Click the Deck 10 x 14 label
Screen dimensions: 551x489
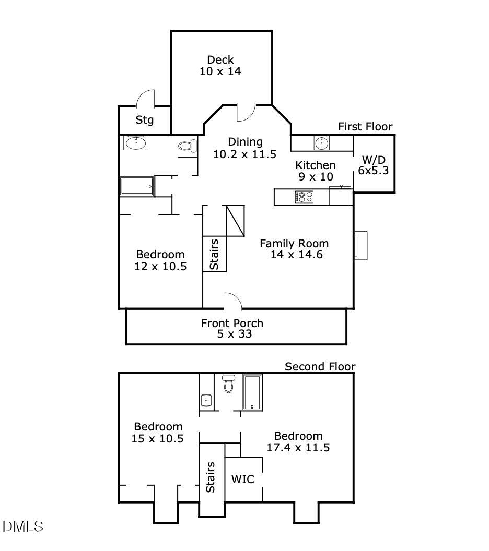[220, 66]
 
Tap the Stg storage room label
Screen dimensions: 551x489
[145, 120]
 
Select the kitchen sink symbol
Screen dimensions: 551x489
[321, 142]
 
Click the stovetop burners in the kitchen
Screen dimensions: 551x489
[304, 197]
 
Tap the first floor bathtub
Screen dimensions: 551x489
[137, 186]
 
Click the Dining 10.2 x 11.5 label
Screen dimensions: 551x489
[245, 148]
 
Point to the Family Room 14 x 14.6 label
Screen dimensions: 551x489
[294, 249]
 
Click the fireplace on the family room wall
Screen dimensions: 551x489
[360, 245]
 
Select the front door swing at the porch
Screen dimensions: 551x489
[232, 301]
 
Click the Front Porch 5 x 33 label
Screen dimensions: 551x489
[232, 328]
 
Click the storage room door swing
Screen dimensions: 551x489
[146, 98]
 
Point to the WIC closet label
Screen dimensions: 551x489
[243, 478]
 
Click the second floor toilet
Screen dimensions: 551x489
[228, 384]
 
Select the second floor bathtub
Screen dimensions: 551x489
[253, 392]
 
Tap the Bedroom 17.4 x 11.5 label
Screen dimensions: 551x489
[298, 441]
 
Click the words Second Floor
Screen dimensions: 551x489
[320, 367]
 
